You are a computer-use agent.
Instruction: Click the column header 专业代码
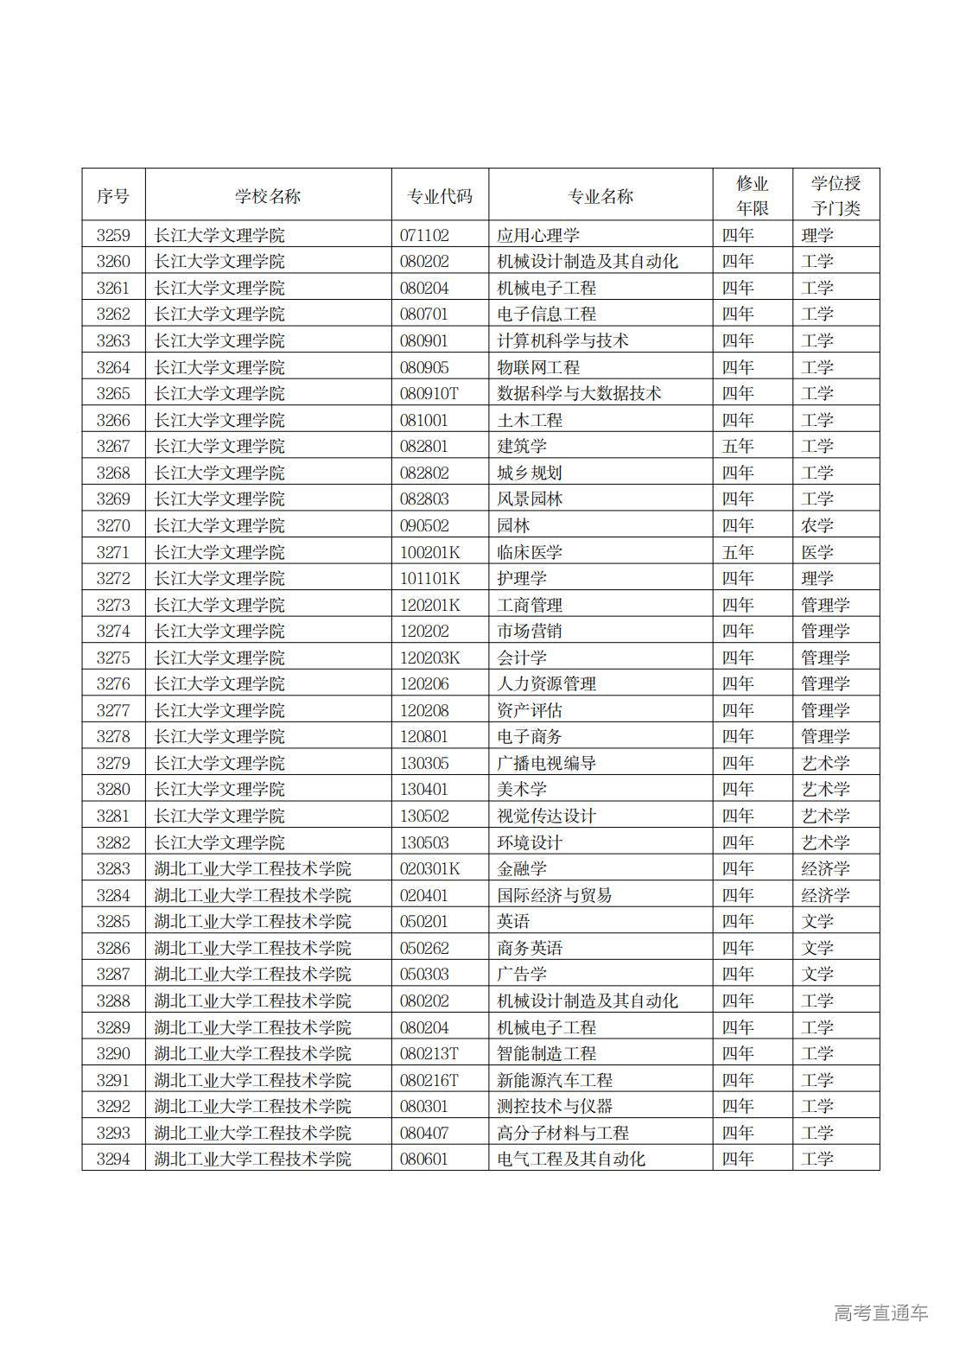pos(440,196)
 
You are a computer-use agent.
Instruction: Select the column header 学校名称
pos(268,196)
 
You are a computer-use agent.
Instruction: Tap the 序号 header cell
pos(113,196)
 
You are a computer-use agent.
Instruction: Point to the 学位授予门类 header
pos(835,195)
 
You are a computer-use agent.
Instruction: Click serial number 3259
pos(113,235)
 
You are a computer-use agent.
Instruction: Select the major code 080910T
pos(429,394)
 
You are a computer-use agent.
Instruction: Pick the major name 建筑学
pos(522,447)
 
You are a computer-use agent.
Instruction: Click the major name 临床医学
pos(530,552)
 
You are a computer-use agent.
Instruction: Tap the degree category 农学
pos(817,525)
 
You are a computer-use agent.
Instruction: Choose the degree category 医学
pos(817,552)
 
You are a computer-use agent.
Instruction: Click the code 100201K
pos(429,552)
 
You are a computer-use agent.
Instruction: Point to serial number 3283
pos(113,869)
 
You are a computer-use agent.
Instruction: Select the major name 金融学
pos(522,869)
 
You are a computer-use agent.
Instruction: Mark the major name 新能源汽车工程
pos(555,1080)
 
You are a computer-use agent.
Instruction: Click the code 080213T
pos(429,1054)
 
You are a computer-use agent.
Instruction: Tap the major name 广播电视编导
pos(546,764)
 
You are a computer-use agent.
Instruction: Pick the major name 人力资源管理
pos(546,684)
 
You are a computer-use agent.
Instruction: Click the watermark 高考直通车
pos(881,1312)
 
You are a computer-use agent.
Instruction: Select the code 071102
pos(424,235)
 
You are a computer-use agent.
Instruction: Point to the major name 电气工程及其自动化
pos(571,1160)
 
